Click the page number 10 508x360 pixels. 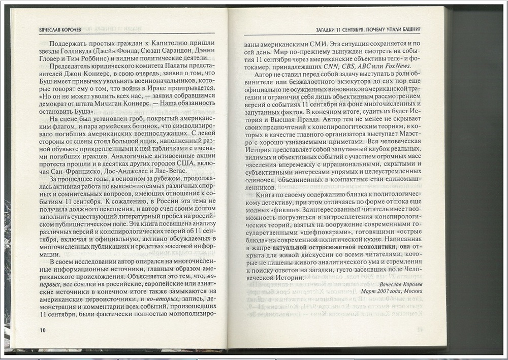click(x=42, y=331)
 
